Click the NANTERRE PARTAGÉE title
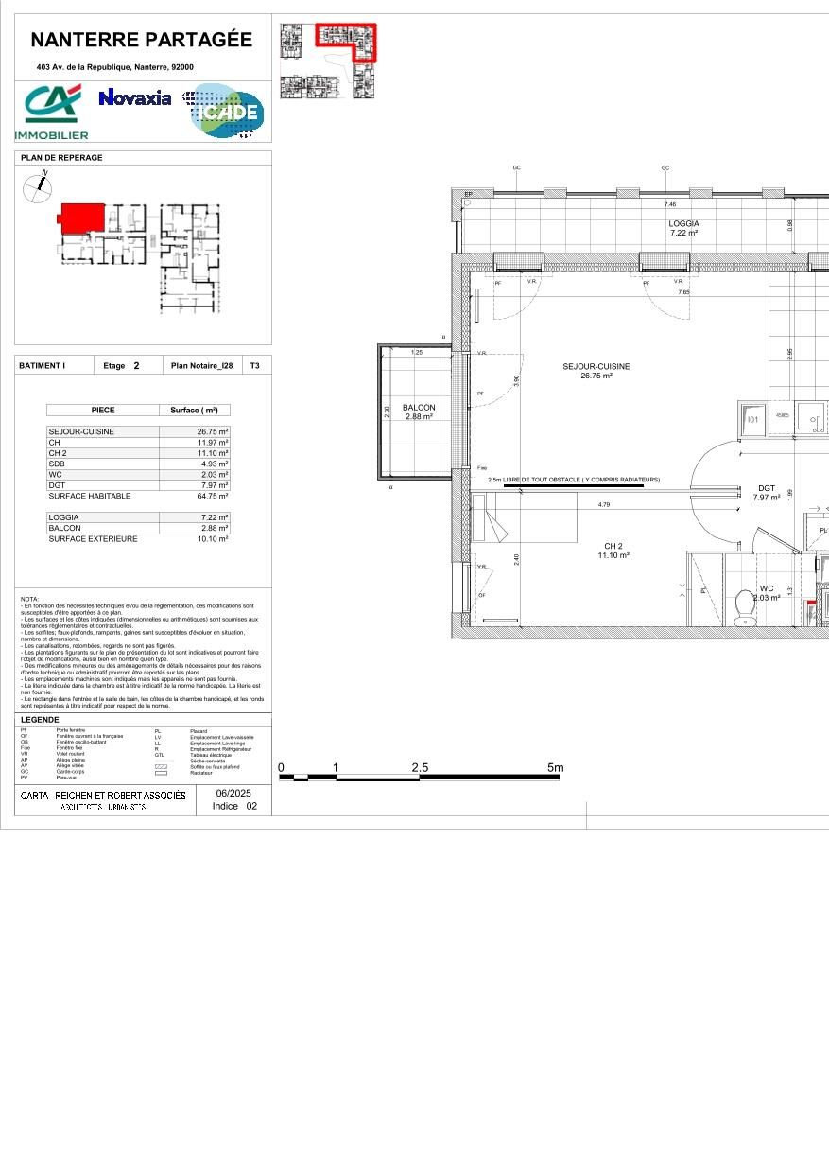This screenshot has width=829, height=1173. tap(142, 40)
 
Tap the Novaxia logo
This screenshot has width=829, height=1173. tap(135, 97)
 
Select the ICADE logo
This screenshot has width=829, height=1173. tap(225, 111)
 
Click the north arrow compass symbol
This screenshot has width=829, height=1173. tap(36, 189)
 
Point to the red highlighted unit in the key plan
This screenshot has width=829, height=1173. tap(81, 217)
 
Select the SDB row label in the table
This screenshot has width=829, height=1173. tap(57, 464)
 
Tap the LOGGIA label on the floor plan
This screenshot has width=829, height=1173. tap(683, 223)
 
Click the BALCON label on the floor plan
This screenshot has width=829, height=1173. tap(419, 408)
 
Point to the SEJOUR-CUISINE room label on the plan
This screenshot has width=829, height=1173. tap(596, 366)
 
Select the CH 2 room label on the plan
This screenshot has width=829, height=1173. tap(613, 546)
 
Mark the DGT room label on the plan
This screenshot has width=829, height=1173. tap(766, 488)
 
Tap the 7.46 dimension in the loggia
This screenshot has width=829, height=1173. tap(670, 204)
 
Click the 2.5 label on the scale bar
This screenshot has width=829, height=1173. tap(420, 768)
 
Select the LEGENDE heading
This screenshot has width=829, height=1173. tap(40, 720)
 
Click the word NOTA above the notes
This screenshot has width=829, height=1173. tap(29, 599)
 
